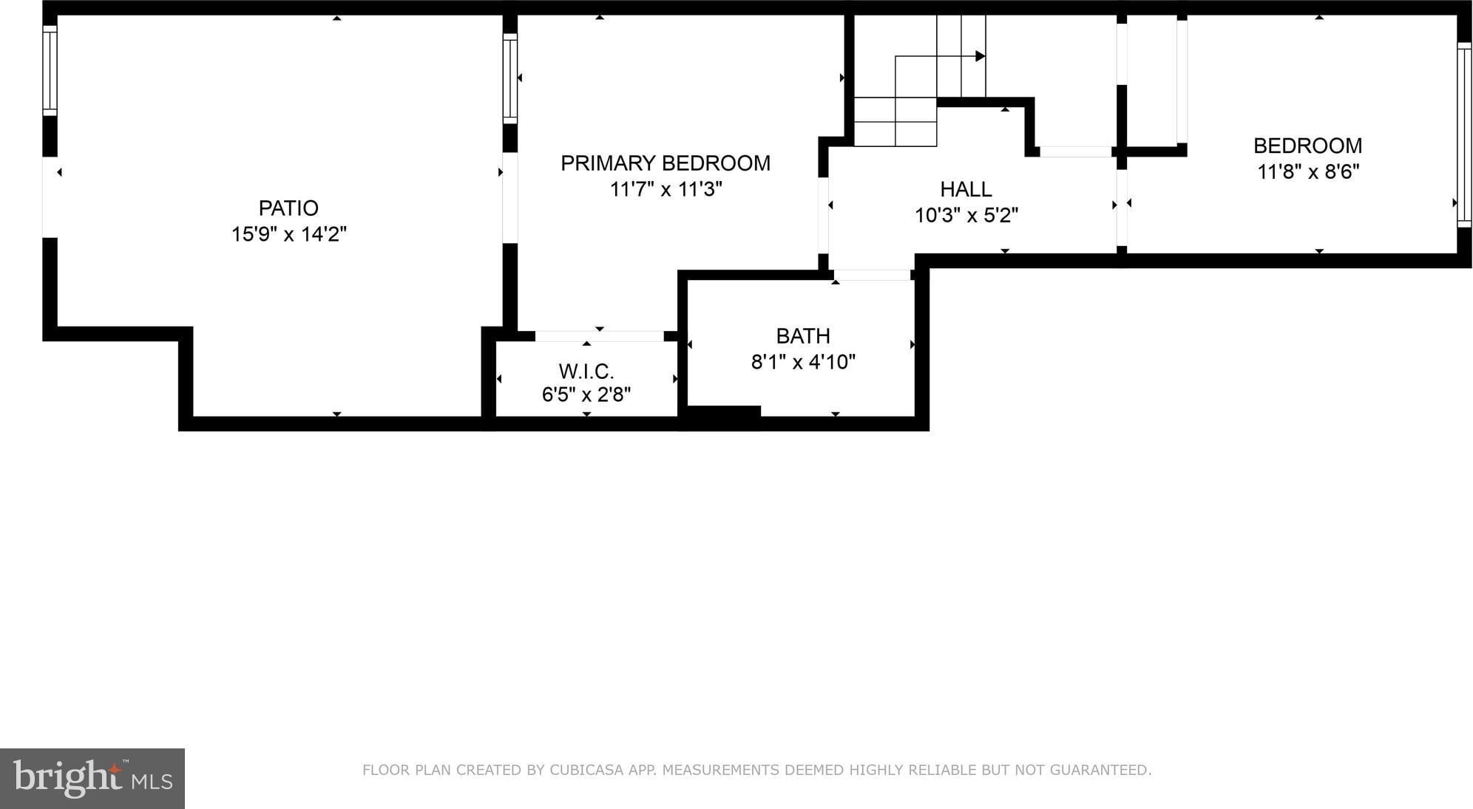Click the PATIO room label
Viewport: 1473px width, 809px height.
tap(288, 208)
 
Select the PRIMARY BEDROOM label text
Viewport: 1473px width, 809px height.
tap(666, 163)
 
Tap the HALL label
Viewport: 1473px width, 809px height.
tap(966, 189)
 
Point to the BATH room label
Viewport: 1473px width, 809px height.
tap(803, 336)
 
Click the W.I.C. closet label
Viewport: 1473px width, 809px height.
tap(586, 371)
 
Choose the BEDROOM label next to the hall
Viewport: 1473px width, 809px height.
tap(1307, 146)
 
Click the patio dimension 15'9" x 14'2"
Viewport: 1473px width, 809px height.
tap(289, 234)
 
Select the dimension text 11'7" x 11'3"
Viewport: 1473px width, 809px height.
tap(666, 190)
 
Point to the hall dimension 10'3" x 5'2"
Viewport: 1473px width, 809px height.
tap(966, 216)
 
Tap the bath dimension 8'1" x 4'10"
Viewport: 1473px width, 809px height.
tap(803, 362)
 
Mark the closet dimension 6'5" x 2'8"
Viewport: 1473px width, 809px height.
tap(586, 395)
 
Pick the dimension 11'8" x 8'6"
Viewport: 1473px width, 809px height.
tap(1308, 172)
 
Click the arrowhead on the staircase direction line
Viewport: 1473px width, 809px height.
tap(981, 56)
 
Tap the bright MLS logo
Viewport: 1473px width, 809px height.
tap(92, 779)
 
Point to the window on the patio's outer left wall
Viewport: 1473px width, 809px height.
tap(50, 71)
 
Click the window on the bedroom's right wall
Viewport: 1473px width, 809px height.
tap(1464, 134)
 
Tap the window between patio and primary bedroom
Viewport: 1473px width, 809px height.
tap(510, 78)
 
